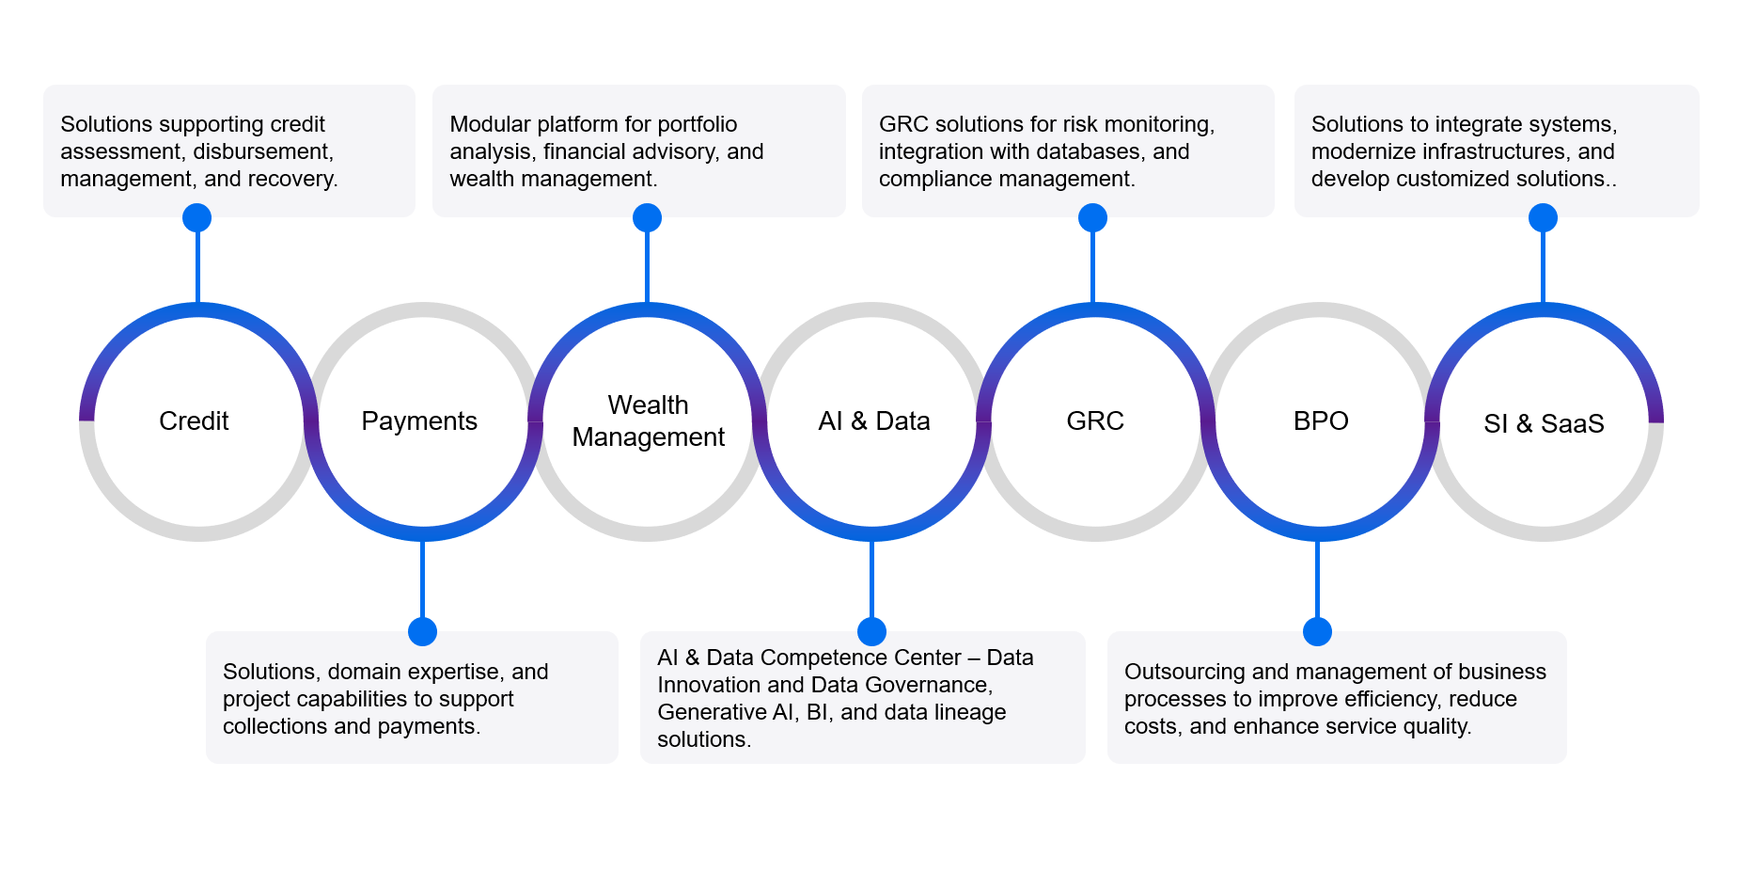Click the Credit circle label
click(x=194, y=420)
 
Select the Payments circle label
click(x=419, y=420)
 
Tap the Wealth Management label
click(x=648, y=420)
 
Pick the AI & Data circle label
click(x=874, y=420)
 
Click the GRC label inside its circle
click(x=1095, y=420)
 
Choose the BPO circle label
click(x=1321, y=420)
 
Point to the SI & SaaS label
click(x=1544, y=423)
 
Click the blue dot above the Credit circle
click(x=196, y=218)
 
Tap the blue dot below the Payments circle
click(x=423, y=631)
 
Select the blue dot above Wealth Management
click(x=647, y=218)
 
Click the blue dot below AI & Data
click(x=872, y=631)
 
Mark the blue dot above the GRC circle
click(x=1092, y=218)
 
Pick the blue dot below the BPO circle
click(x=1318, y=631)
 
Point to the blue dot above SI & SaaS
click(x=1543, y=218)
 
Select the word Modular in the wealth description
click(x=487, y=124)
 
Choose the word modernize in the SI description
click(x=1369, y=151)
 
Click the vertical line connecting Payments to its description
click(x=422, y=579)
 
